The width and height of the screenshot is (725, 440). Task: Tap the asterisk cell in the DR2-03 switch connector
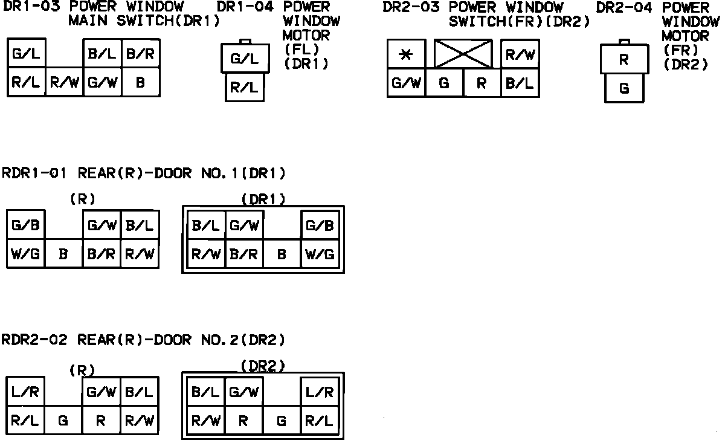pos(406,54)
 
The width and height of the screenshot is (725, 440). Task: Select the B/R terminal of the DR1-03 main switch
pos(141,54)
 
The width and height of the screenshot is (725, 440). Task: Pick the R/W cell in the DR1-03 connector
pos(63,83)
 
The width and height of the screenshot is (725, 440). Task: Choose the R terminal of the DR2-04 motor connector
pos(625,60)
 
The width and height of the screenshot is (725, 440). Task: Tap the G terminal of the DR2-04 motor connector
pos(625,89)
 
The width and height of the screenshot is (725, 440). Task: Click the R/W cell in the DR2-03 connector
pos(520,54)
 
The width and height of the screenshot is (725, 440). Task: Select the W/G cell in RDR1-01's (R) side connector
pos(25,254)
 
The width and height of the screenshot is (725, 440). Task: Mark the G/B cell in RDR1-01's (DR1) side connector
pos(320,226)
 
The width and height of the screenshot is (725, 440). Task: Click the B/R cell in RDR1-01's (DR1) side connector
pos(244,254)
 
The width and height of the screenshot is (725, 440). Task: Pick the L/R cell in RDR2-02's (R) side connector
pos(25,392)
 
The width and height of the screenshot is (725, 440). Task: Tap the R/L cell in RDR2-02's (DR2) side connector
pos(320,421)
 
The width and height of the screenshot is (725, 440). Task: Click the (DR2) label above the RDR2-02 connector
pos(263,366)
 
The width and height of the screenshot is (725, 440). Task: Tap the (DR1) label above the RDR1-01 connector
pos(263,199)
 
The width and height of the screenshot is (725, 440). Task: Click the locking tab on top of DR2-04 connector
pos(625,42)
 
